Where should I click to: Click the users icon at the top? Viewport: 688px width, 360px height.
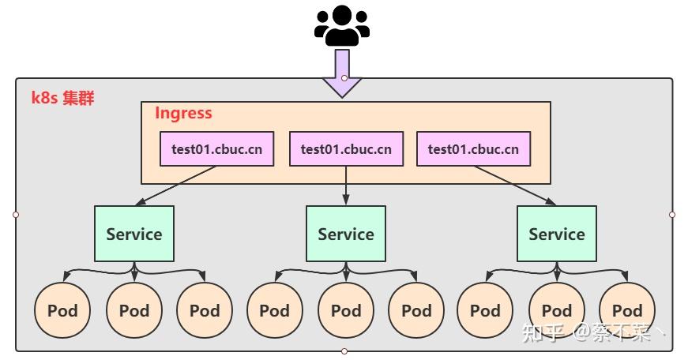(342, 25)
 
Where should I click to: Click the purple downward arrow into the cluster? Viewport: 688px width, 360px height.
(342, 73)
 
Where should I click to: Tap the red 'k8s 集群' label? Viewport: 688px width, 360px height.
(62, 98)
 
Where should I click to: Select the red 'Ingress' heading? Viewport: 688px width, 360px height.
(183, 113)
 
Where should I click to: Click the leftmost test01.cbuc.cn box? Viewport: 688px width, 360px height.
(216, 148)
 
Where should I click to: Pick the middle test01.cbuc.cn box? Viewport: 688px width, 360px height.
(346, 148)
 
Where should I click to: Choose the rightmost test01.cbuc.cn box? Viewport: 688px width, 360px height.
(473, 148)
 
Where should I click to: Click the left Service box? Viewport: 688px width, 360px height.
(134, 234)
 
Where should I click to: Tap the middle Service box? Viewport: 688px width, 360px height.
(346, 234)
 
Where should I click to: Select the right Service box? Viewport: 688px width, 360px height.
(557, 234)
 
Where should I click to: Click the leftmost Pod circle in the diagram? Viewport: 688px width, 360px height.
(62, 310)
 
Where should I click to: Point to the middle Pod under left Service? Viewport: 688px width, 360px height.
(134, 310)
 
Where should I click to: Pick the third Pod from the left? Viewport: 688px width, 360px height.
(205, 310)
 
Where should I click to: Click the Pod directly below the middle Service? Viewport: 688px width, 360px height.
(346, 310)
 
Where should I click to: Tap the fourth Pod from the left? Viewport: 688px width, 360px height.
(275, 310)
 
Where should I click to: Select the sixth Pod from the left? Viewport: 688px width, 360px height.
(416, 310)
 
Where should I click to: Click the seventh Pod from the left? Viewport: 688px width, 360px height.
(485, 310)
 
